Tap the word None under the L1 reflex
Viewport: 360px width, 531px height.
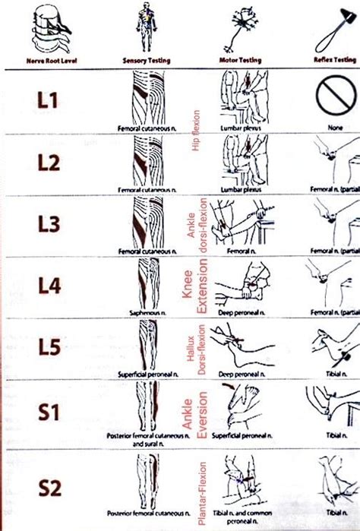[334, 130]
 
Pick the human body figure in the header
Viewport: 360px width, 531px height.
[144, 27]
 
